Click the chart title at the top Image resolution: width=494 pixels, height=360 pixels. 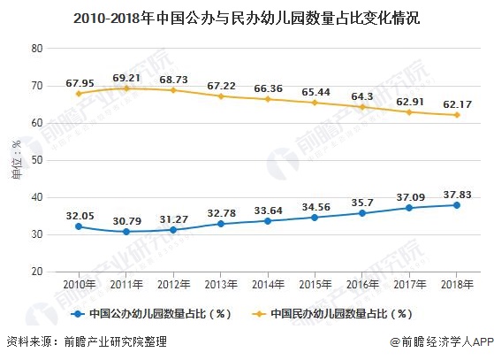247,17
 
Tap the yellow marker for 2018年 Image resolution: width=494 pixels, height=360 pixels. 455,115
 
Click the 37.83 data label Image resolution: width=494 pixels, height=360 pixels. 455,192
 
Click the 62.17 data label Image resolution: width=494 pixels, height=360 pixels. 455,101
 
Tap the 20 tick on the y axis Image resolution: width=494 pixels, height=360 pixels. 38,272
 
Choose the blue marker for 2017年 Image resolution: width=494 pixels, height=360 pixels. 408,208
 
